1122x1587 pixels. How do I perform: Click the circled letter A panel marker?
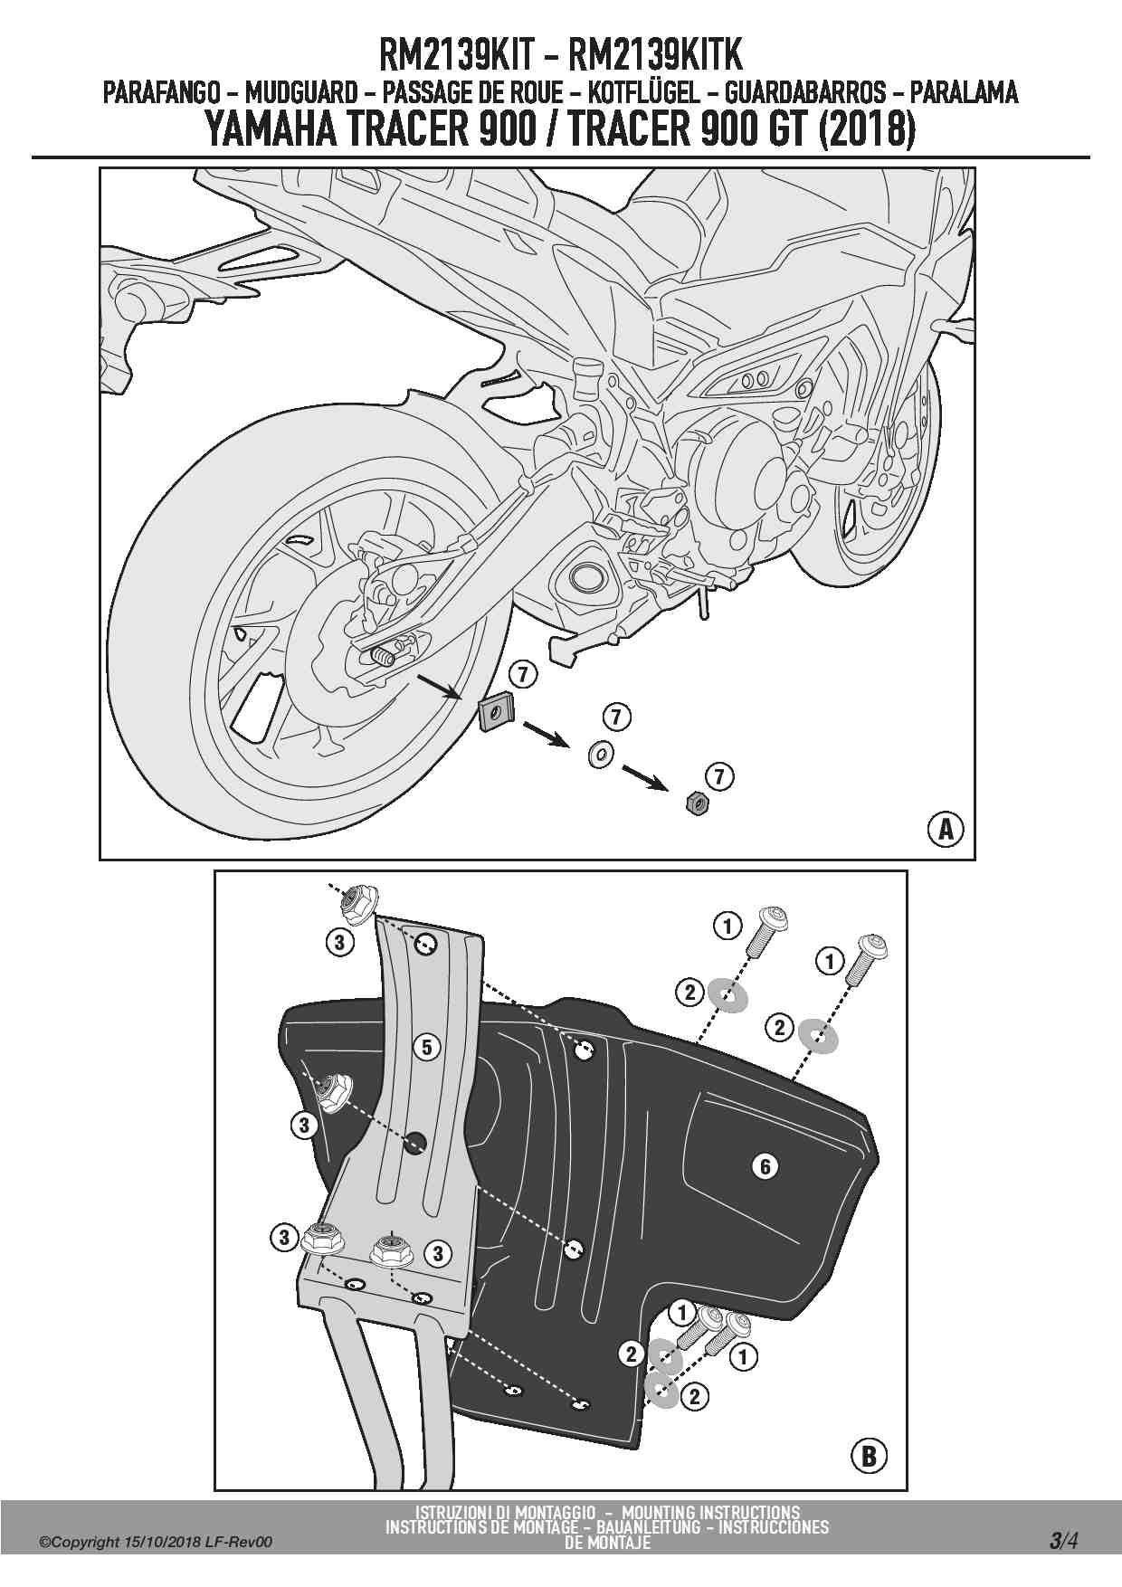coord(946,828)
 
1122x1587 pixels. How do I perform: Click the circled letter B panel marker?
coord(869,1456)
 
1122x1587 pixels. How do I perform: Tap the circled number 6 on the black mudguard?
coord(765,1166)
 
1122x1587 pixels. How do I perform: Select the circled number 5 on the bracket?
coord(427,1048)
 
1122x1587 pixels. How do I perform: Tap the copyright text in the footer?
coord(156,1543)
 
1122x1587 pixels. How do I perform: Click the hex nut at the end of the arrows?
coord(697,802)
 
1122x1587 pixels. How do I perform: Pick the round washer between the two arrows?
coord(599,753)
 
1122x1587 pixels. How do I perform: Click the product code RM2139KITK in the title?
coord(654,55)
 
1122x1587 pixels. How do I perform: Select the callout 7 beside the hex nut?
coord(719,776)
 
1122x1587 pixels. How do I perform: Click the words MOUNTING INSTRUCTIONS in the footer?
coord(710,1512)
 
